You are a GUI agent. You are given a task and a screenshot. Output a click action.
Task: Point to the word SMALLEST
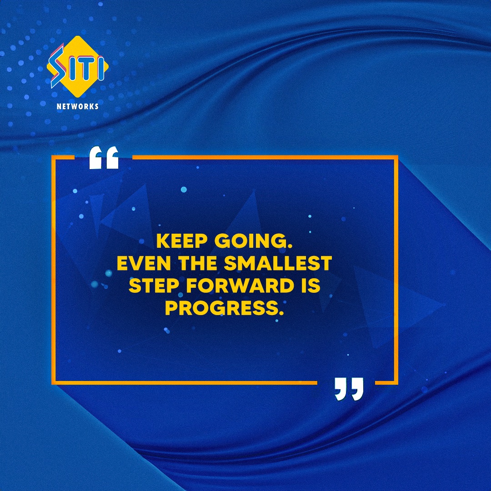pos(279,263)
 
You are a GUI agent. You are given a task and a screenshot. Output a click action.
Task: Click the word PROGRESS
pos(220,308)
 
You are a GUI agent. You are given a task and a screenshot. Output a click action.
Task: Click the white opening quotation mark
pos(104,158)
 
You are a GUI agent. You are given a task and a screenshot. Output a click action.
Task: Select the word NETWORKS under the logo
pos(77,106)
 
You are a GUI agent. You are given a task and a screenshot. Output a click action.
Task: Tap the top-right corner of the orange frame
pos(397,157)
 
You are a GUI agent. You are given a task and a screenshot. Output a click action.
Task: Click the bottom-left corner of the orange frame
pos(53,383)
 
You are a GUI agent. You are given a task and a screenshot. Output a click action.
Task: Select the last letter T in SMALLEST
pos(326,263)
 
